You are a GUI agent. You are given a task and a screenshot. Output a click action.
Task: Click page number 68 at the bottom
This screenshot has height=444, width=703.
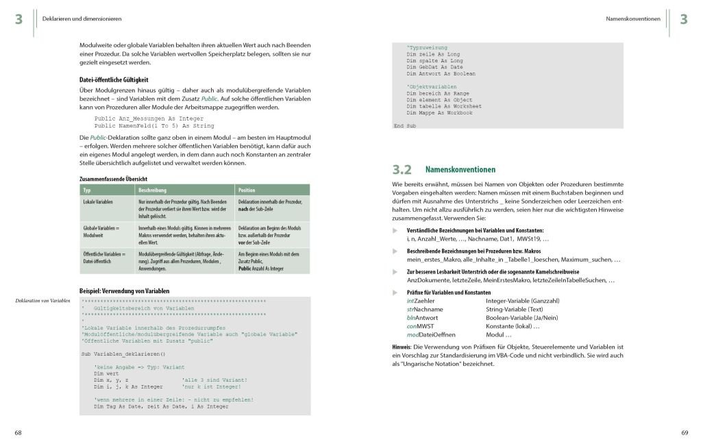coord(18,432)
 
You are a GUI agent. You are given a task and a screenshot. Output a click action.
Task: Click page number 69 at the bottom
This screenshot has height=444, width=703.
coord(684,432)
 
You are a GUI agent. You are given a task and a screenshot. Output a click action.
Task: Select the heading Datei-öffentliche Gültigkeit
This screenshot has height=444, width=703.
coord(114,79)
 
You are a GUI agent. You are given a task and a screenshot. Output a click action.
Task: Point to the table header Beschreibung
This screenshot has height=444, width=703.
coord(152,190)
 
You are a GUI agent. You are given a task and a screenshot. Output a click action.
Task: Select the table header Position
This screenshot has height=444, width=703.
coord(247,190)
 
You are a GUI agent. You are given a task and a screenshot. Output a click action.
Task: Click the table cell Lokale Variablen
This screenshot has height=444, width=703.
coord(98,202)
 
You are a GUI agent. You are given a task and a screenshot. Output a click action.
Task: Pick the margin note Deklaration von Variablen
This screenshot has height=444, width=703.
coord(42,301)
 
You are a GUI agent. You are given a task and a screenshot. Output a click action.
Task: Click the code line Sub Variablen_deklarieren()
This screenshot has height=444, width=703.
coord(123,354)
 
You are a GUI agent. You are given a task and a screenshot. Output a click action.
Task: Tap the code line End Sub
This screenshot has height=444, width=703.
coord(404,126)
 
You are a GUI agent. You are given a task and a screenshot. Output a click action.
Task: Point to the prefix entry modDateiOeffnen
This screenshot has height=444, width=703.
coord(431,334)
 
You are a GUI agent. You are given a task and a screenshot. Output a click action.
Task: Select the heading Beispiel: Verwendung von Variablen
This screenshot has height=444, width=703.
coord(125,291)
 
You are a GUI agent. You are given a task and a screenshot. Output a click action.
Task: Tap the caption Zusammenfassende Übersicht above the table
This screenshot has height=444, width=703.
coord(114,179)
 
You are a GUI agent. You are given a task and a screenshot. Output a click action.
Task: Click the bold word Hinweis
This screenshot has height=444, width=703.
coord(402,347)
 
